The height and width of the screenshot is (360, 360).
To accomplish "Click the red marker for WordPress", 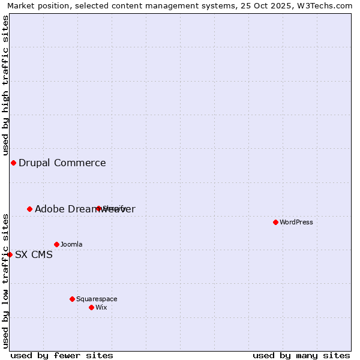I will click(x=275, y=222).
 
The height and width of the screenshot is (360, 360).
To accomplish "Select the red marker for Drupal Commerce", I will click(x=13, y=163).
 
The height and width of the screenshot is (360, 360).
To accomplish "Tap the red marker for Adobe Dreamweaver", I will click(x=29, y=209).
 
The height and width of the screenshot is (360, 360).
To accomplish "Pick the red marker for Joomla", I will click(x=56, y=244).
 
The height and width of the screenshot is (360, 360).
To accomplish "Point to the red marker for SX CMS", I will click(x=10, y=254).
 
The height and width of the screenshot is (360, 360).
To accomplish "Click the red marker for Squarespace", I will click(x=72, y=299).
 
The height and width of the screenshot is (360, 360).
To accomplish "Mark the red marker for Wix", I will click(x=91, y=307).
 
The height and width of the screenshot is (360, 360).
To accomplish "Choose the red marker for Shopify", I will click(x=98, y=209).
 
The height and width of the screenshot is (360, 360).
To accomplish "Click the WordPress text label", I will click(x=296, y=222).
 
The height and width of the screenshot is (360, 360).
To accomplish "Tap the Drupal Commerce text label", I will click(x=62, y=163).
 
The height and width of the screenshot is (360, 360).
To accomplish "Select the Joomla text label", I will click(x=71, y=244).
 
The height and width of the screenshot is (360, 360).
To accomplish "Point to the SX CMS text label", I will click(x=34, y=254).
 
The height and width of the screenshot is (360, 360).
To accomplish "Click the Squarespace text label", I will click(x=97, y=299).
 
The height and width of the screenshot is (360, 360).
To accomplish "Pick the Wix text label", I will click(x=101, y=307).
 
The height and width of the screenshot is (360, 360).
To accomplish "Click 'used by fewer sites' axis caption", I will click(x=62, y=355).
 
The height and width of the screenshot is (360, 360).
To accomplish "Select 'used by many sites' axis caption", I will click(x=301, y=355).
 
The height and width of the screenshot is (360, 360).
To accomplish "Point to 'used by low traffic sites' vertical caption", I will click(x=5, y=280).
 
